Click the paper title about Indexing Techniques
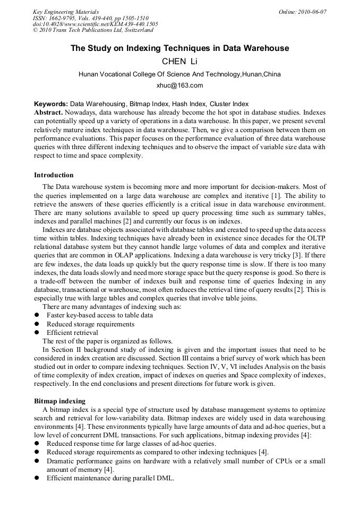(x=180, y=48)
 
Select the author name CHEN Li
(x=179, y=62)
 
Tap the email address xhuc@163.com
(x=179, y=85)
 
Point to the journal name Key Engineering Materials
(x=66, y=12)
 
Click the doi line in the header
(x=96, y=24)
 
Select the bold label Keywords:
(x=51, y=104)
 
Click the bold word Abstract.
(x=48, y=113)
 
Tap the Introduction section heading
(x=54, y=175)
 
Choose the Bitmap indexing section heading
(x=59, y=401)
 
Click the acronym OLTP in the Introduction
(x=315, y=238)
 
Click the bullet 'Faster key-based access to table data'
(x=100, y=315)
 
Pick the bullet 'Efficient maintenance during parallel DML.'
(x=110, y=478)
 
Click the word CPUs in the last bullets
(x=288, y=461)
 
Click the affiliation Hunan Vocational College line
(x=179, y=74)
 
